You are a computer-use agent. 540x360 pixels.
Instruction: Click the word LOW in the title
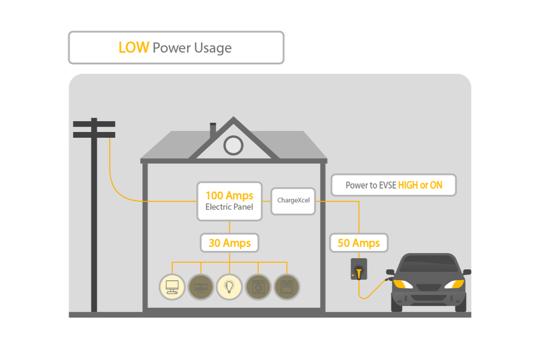click(133, 47)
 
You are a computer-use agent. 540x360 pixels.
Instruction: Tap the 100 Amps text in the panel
click(229, 196)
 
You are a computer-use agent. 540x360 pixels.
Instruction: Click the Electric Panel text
click(229, 207)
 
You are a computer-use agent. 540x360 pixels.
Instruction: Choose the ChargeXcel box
click(293, 201)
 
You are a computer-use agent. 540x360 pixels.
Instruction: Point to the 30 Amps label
click(229, 243)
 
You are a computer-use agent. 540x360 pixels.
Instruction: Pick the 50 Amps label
click(359, 243)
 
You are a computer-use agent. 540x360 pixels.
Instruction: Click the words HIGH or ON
click(420, 186)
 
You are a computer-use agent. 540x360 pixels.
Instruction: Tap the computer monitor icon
click(172, 287)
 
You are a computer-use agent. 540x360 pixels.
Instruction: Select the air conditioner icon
click(201, 287)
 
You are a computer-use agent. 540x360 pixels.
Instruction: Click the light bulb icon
click(229, 287)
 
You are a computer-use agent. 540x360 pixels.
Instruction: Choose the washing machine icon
click(258, 287)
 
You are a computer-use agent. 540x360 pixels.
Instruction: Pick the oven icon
click(287, 287)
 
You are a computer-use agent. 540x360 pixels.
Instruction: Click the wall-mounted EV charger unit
click(359, 269)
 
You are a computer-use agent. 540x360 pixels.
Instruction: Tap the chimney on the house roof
click(212, 130)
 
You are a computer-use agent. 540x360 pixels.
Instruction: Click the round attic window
click(233, 145)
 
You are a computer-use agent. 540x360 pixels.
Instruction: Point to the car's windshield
click(428, 264)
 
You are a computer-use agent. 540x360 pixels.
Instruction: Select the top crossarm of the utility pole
click(94, 124)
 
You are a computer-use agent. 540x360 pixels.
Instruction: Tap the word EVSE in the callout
click(387, 186)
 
